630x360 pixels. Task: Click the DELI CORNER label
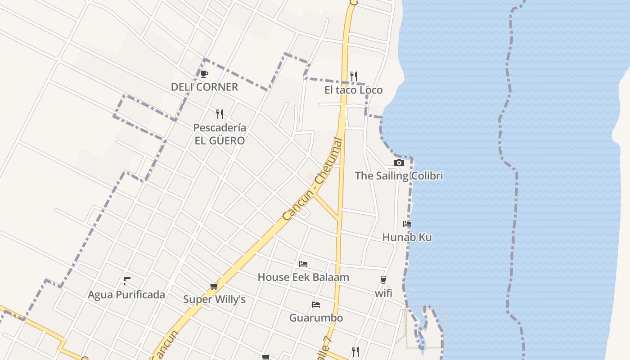tap(204, 87)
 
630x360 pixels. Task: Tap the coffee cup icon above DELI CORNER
tap(204, 74)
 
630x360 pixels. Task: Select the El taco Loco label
tap(353, 90)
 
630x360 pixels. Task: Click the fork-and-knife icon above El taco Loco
tap(354, 76)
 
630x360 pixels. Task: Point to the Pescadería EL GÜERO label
tap(220, 134)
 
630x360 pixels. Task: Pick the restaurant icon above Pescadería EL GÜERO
tap(220, 114)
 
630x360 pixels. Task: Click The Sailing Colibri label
tap(399, 176)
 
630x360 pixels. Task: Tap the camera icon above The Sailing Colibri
tap(399, 163)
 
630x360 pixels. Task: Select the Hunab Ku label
tap(407, 237)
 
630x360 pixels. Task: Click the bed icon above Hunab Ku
tap(407, 224)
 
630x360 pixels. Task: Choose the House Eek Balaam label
tap(303, 277)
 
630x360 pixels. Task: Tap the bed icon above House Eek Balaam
tap(303, 264)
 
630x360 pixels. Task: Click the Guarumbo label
tap(316, 318)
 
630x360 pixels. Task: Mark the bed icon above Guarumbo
tap(316, 305)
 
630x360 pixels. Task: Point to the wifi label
tap(383, 293)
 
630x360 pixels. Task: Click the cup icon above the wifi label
tap(383, 280)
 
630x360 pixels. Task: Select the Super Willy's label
tap(214, 300)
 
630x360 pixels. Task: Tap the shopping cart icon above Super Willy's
tap(214, 287)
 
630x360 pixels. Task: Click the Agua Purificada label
tap(126, 295)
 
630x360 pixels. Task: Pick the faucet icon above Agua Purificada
tap(126, 282)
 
